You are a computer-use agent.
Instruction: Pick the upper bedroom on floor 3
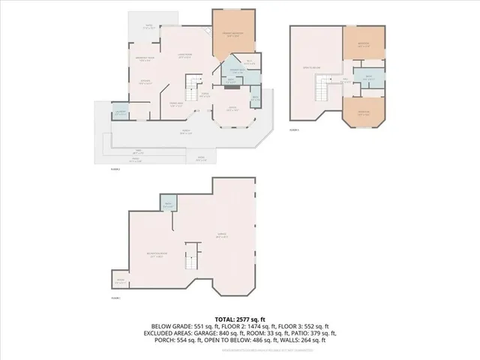tap(362, 44)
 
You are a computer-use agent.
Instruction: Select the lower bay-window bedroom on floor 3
tap(363, 113)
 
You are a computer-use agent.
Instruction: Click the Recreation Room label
tap(157, 253)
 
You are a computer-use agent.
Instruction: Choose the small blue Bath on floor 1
tap(167, 204)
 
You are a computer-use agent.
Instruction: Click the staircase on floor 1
tap(193, 256)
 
